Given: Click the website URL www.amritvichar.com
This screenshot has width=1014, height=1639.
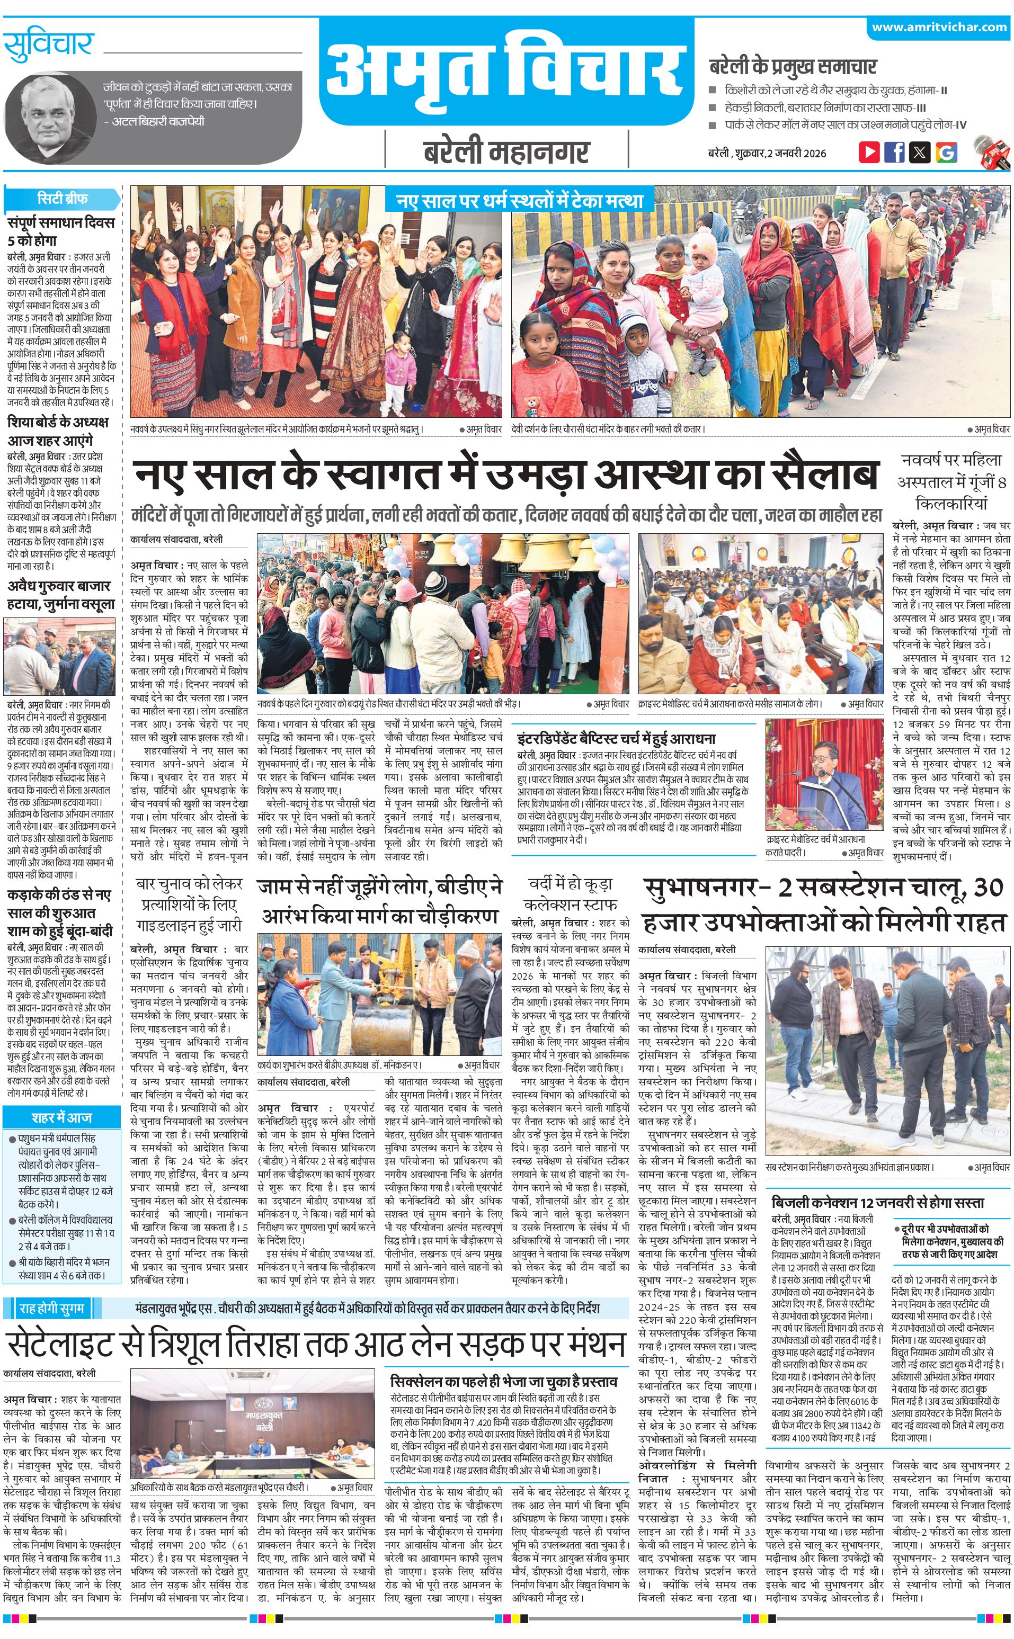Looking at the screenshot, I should pos(939,28).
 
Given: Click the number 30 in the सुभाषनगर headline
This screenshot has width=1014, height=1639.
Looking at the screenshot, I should pos(987,888).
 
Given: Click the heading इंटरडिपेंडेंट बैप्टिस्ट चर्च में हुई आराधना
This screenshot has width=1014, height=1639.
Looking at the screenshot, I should pos(616,739).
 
